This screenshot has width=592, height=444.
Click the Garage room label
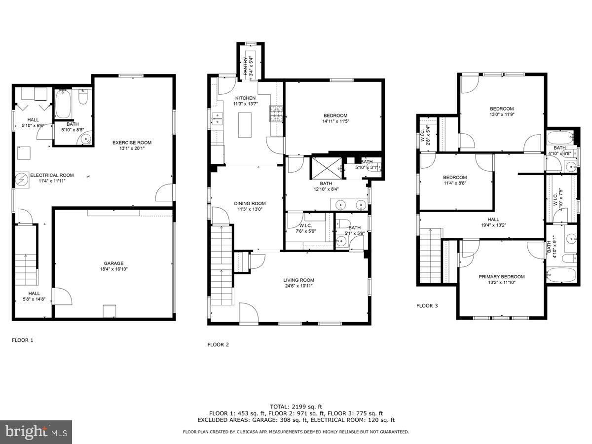coord(113,263)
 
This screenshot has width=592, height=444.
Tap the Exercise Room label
coord(132,143)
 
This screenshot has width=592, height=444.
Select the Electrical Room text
coord(52,175)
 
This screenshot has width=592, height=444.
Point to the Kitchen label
coord(245,98)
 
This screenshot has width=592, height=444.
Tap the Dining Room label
coord(249,203)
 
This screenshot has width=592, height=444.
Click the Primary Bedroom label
coord(502,277)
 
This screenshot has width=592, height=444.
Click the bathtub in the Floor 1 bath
coord(63,104)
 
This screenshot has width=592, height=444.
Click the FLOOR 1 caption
coord(23,340)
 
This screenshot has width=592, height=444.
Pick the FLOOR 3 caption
coord(427,306)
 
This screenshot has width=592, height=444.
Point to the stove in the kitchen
coord(275,114)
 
